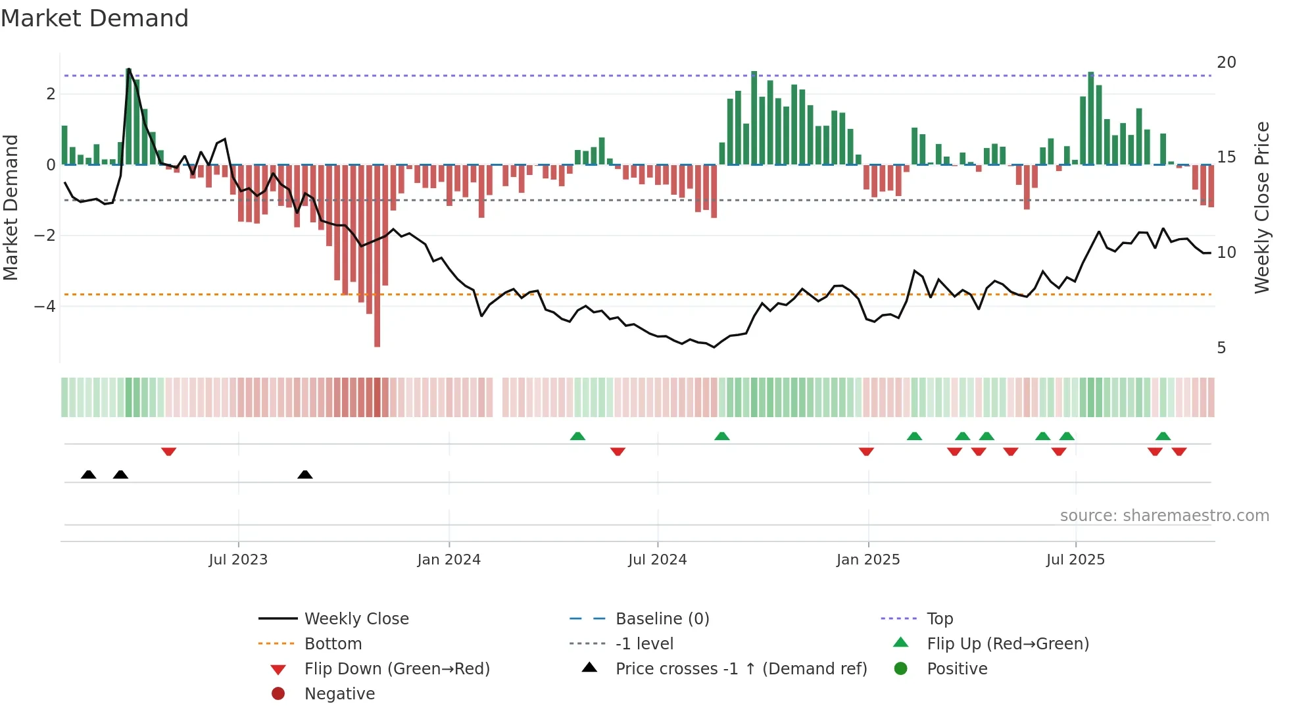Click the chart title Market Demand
click(x=95, y=18)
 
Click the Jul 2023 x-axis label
click(x=238, y=560)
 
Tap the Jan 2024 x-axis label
click(x=449, y=560)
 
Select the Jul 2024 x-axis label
click(x=657, y=560)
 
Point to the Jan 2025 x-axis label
click(x=868, y=560)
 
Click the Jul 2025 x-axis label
click(x=1075, y=560)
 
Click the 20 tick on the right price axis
click(x=1226, y=63)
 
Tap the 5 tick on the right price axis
click(x=1221, y=348)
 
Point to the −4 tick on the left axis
click(x=45, y=307)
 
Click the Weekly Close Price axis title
click(x=1261, y=207)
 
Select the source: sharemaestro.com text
click(x=1164, y=516)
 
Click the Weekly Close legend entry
click(x=356, y=619)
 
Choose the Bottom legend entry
click(x=333, y=644)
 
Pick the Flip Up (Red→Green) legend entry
click(x=1008, y=644)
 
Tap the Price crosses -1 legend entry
click(x=741, y=669)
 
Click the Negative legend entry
click(x=339, y=694)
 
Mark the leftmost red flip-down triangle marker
click(x=168, y=451)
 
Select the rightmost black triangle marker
click(x=304, y=474)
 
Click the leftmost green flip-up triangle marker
click(x=577, y=436)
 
